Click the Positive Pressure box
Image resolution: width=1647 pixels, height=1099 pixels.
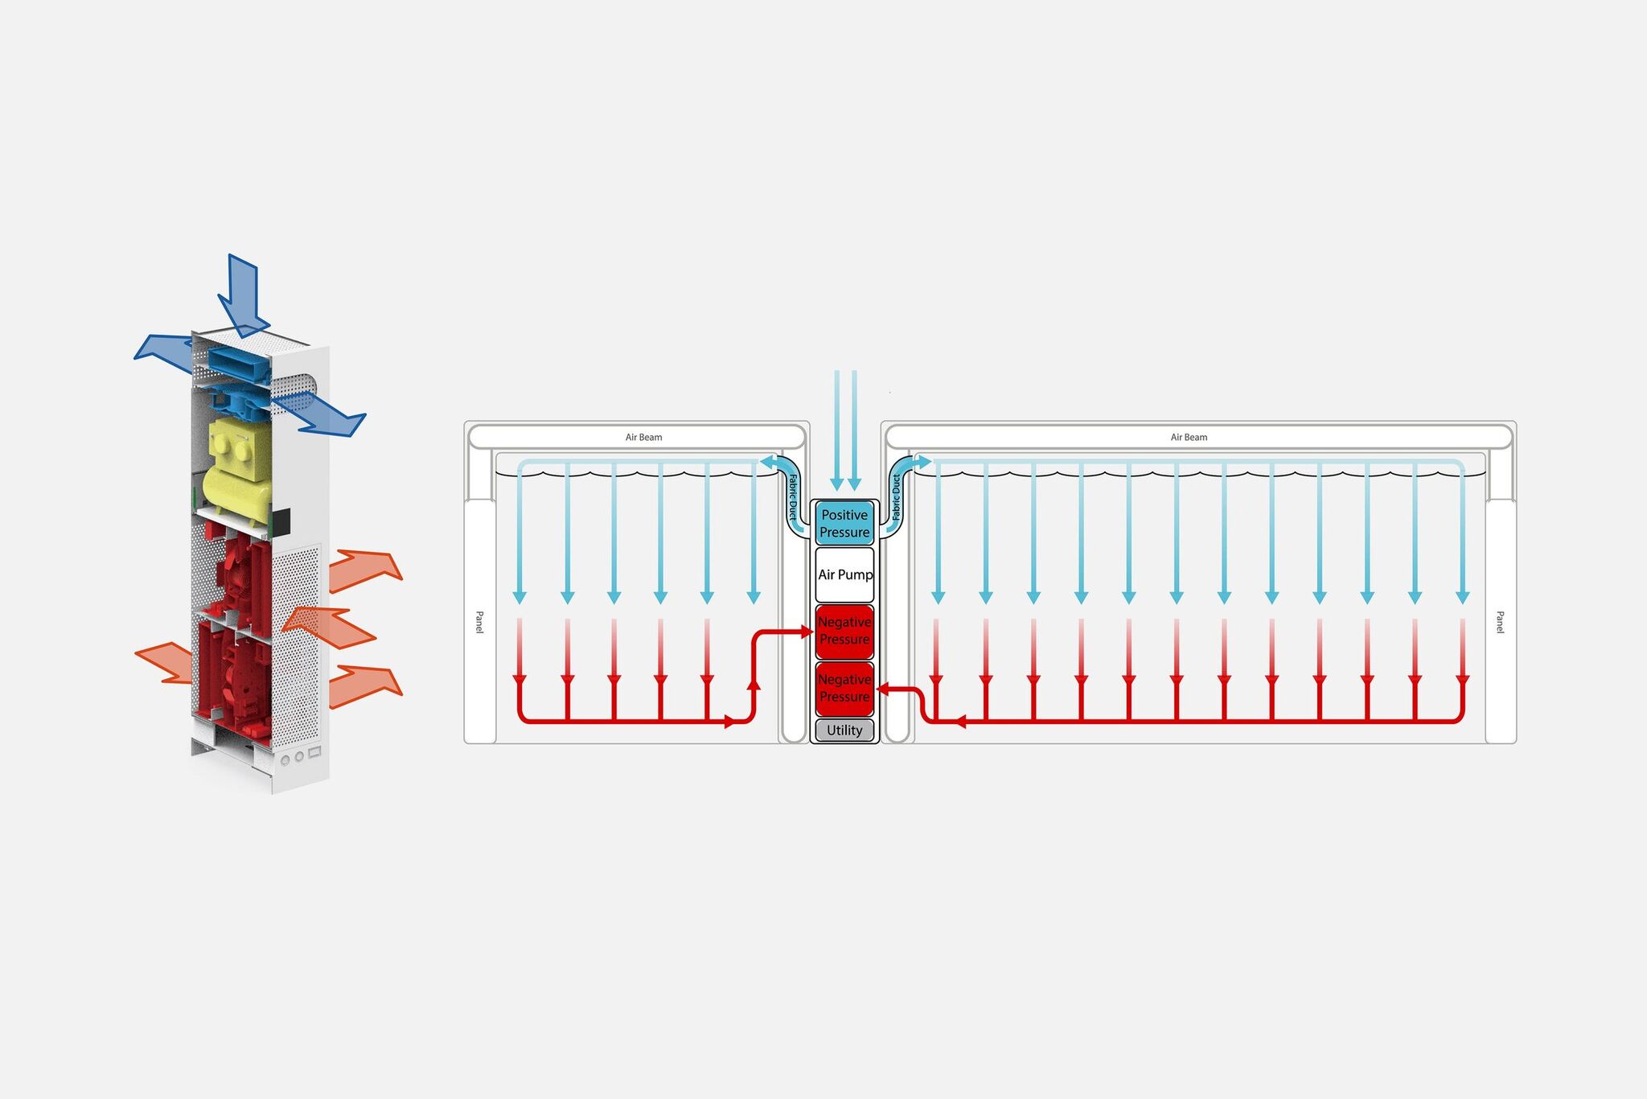point(844,523)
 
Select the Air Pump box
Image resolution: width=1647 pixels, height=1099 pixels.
point(844,574)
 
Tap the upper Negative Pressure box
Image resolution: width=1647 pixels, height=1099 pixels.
point(844,631)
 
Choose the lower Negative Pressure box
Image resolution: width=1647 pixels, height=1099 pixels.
point(844,688)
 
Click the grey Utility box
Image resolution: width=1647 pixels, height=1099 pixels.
point(844,731)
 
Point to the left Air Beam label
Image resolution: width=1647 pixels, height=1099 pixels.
point(644,438)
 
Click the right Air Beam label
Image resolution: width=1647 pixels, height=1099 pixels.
point(1189,438)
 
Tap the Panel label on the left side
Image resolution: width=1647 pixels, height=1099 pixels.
point(480,622)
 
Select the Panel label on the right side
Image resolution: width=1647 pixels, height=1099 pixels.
point(1500,622)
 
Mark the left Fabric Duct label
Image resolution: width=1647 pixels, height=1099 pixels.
point(793,496)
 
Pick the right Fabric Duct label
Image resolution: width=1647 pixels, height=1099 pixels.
point(897,496)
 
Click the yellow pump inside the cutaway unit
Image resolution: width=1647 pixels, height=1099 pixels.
point(240,467)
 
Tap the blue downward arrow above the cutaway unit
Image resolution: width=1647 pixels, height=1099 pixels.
point(242,294)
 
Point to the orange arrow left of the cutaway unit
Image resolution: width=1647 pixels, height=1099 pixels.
point(165,662)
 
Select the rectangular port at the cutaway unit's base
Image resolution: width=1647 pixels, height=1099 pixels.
point(314,752)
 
